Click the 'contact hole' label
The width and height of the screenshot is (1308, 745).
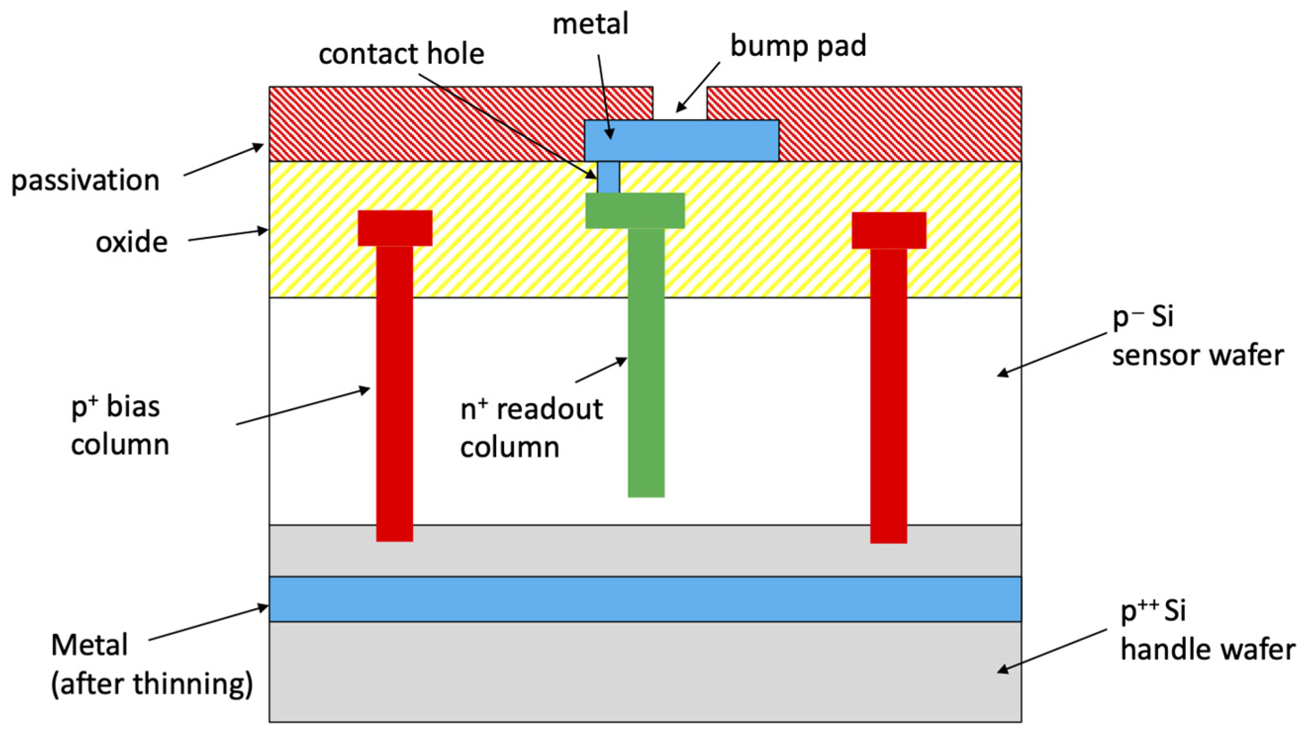coord(401,54)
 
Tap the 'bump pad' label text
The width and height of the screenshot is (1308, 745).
coord(797,46)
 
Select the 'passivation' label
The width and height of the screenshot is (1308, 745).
coord(86,181)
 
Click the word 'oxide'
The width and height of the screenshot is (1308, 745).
coord(132,242)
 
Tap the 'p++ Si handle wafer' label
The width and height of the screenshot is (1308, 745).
coord(1207,630)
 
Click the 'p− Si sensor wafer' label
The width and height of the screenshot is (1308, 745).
coord(1197,336)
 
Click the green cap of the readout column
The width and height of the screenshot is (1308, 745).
coord(634,210)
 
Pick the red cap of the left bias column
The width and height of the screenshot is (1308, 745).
coord(394,228)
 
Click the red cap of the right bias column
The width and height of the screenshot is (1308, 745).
coord(888,230)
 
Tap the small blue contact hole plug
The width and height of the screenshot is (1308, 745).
coord(608,177)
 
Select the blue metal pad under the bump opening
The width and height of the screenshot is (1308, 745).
coord(681,140)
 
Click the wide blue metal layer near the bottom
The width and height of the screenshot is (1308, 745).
coord(645,599)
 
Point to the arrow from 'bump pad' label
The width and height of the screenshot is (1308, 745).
coord(698,87)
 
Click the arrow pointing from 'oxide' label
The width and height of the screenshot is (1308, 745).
coord(228,235)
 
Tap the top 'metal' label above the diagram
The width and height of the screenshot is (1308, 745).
coord(590,24)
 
